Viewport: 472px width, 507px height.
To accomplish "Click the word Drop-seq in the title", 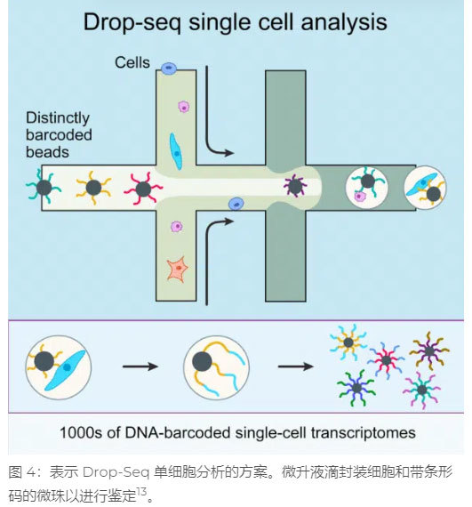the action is [x=132, y=22].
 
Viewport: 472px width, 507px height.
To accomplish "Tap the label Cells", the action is [x=132, y=62].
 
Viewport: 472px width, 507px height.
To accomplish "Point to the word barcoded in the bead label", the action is [x=59, y=135].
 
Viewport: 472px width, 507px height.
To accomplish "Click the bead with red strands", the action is [x=143, y=189].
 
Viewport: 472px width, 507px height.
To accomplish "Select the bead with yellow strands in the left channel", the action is [x=93, y=188].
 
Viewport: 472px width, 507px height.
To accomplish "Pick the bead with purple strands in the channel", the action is [x=295, y=186].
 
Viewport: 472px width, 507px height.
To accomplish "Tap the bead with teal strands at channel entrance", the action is [x=44, y=187].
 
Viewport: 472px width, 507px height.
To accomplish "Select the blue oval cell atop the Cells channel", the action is [x=169, y=68].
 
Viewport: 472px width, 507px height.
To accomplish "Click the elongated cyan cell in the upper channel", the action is [x=176, y=151].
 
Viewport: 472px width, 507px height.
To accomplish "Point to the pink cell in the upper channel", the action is [x=184, y=107].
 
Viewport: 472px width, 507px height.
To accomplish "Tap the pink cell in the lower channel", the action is [x=177, y=227].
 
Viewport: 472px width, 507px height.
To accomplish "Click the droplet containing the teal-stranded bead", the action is [x=367, y=188].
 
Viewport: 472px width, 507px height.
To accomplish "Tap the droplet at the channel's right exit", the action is [x=425, y=188].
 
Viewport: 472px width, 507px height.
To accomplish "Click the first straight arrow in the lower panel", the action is [x=140, y=366].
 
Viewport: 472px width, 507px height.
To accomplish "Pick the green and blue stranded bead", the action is [x=356, y=388].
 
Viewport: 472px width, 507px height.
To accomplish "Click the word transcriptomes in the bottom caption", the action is [x=363, y=432].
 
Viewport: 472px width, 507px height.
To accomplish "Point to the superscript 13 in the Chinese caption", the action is [x=142, y=492].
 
